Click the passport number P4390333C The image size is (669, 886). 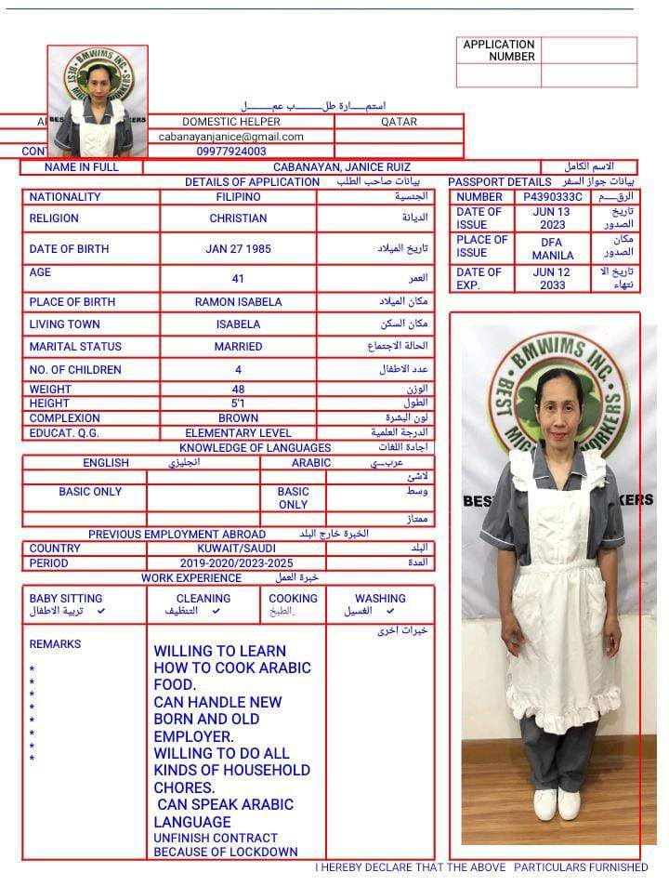(x=552, y=197)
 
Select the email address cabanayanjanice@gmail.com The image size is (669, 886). (x=231, y=136)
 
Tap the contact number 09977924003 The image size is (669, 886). (x=231, y=151)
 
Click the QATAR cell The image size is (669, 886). (x=399, y=122)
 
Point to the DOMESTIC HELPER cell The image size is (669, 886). (x=230, y=122)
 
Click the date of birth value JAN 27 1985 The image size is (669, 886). (x=237, y=249)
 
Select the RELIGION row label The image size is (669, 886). (x=54, y=218)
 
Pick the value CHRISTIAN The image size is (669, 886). (x=238, y=218)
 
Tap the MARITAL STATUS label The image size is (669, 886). (x=75, y=347)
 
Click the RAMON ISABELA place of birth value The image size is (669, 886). (x=238, y=302)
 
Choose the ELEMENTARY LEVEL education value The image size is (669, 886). (x=238, y=433)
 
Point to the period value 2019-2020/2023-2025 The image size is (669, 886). (x=236, y=563)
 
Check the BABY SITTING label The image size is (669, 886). (x=66, y=599)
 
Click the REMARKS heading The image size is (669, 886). (x=55, y=644)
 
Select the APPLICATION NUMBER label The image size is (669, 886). (x=499, y=50)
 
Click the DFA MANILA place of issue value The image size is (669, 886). (x=552, y=249)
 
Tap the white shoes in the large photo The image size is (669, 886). (x=557, y=804)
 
